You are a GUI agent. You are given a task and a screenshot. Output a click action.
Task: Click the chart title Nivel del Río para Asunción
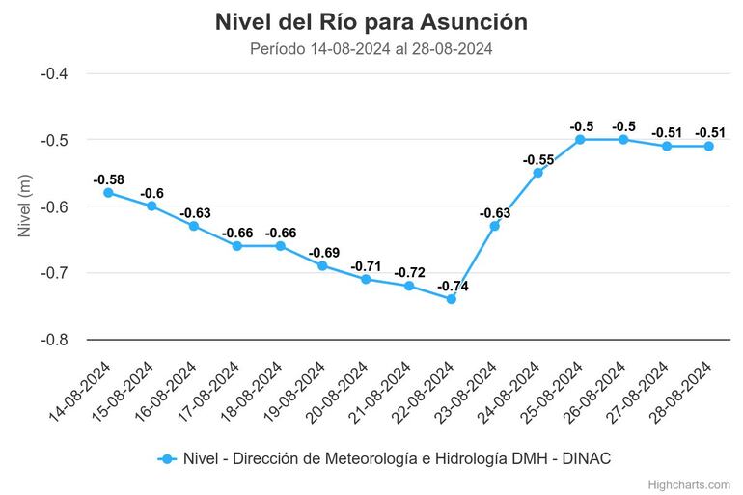point(371,21)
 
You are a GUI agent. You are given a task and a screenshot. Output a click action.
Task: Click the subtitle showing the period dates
point(371,49)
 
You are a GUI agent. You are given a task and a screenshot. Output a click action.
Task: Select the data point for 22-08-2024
point(452,299)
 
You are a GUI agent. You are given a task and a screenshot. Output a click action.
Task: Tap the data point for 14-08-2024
point(108,193)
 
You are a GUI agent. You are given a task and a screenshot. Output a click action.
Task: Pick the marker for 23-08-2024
point(495,226)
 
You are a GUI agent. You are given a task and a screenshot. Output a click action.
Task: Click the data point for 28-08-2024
point(708,146)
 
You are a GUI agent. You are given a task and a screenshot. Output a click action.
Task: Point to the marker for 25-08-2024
point(581,139)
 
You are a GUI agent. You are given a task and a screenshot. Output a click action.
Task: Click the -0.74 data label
point(452,286)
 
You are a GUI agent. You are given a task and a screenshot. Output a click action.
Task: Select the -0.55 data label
point(537,159)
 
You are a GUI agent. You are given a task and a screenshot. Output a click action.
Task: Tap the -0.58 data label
point(108,179)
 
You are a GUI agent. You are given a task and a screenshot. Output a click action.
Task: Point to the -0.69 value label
point(323,253)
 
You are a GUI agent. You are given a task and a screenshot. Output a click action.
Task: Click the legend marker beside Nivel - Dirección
point(167,458)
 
